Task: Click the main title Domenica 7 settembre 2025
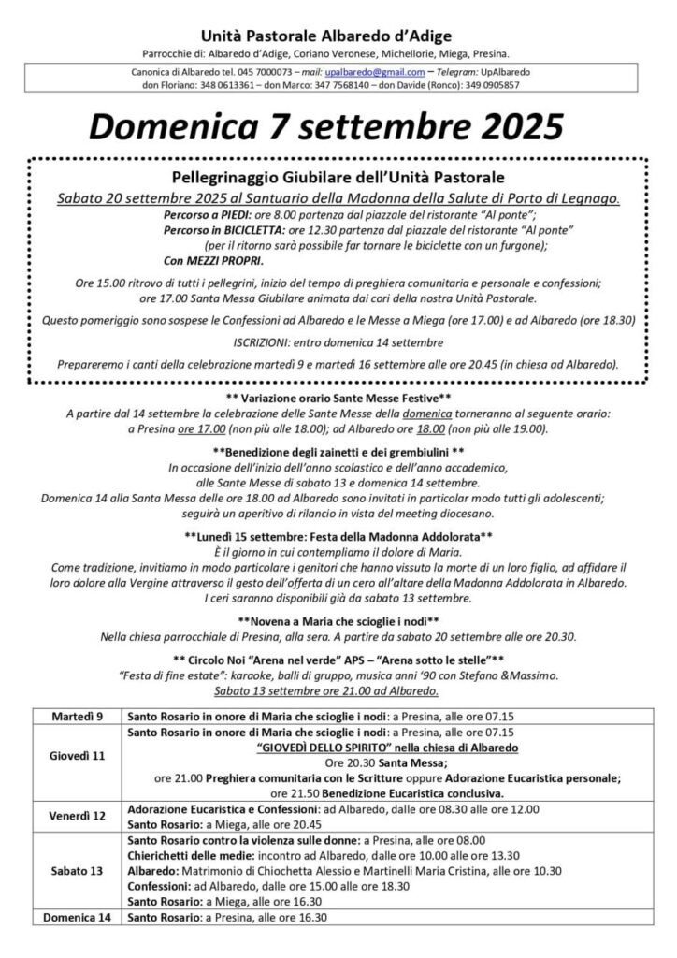click(x=338, y=125)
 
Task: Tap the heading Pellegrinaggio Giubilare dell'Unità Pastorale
click(x=338, y=176)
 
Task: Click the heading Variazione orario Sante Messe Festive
click(x=338, y=398)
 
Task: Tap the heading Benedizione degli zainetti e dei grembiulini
click(x=338, y=451)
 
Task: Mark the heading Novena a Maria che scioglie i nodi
click(x=338, y=619)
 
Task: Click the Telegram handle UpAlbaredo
click(x=524, y=71)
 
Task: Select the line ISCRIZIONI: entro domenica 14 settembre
click(x=338, y=342)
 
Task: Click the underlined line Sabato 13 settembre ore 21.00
click(x=338, y=691)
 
